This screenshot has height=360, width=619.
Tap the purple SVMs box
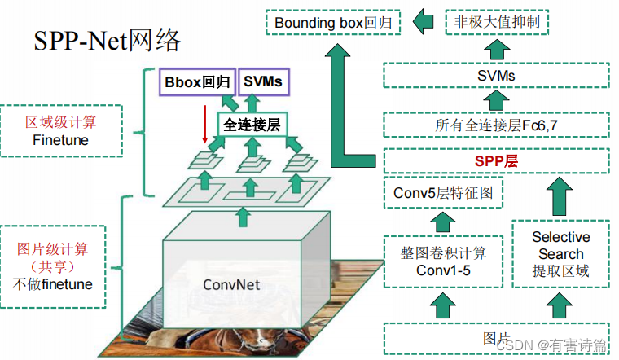262,81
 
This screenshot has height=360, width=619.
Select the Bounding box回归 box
334,22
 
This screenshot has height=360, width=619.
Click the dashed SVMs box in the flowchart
496,76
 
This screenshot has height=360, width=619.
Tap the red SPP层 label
496,160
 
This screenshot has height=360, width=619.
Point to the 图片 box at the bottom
496,338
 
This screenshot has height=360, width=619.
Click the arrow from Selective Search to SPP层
560,195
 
